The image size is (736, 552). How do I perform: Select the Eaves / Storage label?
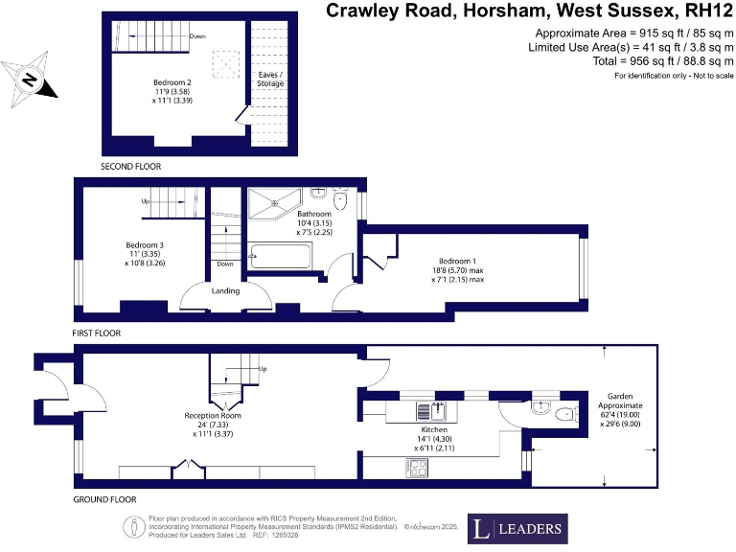pos(271,79)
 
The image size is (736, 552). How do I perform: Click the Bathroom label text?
pos(313,214)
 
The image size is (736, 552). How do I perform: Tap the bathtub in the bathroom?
pos(280,257)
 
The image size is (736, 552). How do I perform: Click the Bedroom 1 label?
pos(457,261)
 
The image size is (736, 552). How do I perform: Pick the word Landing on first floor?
pos(226,291)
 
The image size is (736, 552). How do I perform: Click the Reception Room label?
pos(213,415)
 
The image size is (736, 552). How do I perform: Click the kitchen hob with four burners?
pos(419,468)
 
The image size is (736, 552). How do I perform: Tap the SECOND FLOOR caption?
pos(131,166)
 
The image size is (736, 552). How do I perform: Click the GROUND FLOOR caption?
pos(105,499)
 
